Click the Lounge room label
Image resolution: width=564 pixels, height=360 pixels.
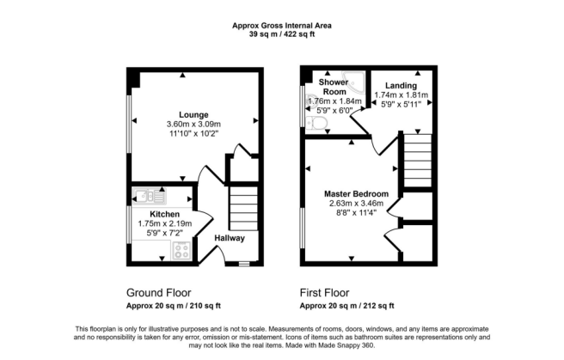point(193,115)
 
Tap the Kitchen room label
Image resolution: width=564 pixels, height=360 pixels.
point(165,214)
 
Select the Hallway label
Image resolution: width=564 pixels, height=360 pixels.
point(230,238)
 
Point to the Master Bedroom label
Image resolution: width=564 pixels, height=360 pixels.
point(356,194)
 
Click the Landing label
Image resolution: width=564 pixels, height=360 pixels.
point(401,86)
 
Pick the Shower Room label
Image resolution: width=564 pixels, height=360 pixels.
point(334,87)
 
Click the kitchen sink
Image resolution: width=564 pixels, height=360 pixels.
point(150,197)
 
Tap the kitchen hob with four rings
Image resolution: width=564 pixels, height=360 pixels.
point(181,250)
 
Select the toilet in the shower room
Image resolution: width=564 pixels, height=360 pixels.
point(316,124)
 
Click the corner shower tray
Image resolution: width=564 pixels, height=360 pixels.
point(354,82)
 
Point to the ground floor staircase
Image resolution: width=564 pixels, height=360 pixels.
point(244,209)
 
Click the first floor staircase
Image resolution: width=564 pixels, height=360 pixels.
point(418,161)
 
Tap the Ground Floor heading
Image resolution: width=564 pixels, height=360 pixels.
point(158,293)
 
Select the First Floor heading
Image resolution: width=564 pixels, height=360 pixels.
point(324,293)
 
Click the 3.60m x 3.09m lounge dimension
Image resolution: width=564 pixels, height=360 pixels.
point(193,125)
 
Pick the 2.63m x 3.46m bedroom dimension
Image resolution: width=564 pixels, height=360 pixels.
point(356,204)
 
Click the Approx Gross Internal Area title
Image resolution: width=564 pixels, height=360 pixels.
point(282,26)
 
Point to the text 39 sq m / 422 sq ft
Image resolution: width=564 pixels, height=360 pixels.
point(282,34)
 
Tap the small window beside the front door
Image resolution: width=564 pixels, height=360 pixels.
point(244,264)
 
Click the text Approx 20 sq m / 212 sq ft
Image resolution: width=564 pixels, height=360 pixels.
point(346,306)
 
